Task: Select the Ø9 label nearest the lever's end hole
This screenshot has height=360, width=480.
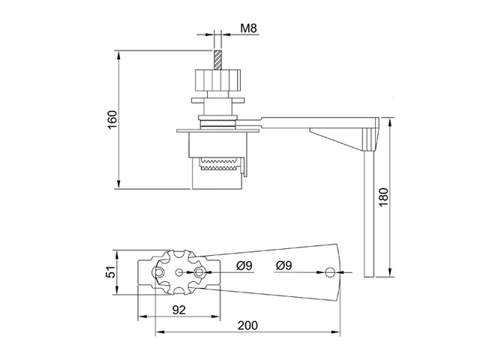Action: [x=284, y=265]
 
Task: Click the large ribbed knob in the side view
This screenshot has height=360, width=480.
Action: [x=217, y=79]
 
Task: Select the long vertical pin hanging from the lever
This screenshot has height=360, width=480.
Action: [x=367, y=210]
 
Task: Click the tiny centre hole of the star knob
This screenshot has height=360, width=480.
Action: [x=179, y=273]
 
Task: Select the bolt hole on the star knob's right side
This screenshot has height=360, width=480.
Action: [x=199, y=273]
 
